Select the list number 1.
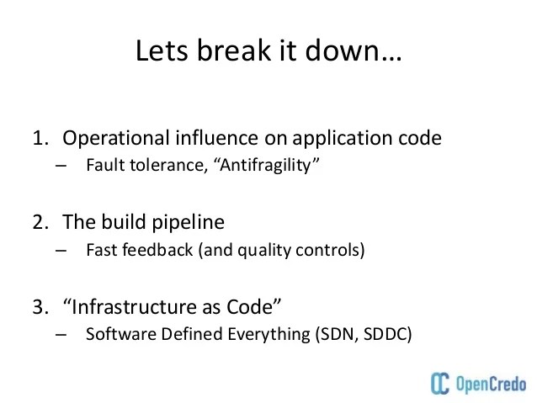click(x=40, y=138)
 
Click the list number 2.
click(x=40, y=223)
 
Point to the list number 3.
click(x=40, y=308)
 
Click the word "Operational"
click(x=115, y=138)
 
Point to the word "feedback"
click(x=157, y=249)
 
